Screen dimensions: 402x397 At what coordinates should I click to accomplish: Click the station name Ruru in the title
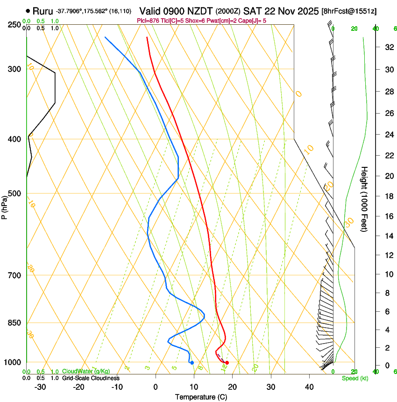coord(43,10)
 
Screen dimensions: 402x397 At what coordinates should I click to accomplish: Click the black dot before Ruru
coord(28,10)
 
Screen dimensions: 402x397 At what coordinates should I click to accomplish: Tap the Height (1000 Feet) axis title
coord(365,199)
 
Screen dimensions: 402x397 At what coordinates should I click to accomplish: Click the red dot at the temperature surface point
coord(227,363)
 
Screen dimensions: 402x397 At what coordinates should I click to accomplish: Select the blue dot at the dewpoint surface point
coord(192,363)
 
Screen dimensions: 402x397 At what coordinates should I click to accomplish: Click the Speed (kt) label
coord(354,378)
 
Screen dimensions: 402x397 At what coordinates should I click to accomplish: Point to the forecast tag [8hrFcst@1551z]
coord(349,11)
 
